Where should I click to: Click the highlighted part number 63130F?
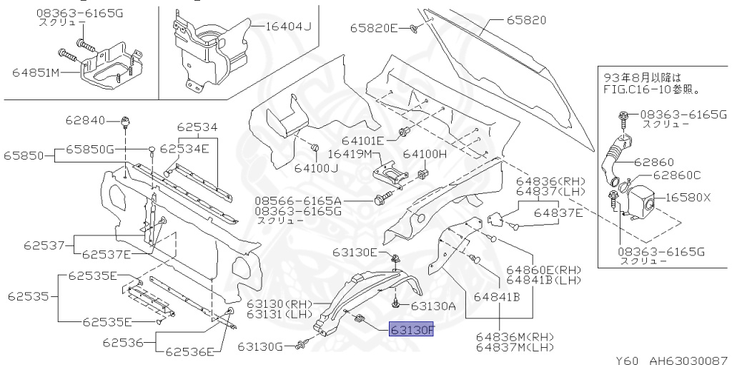tap(411, 330)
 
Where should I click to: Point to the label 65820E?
tap(374, 29)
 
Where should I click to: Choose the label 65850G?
tap(90, 149)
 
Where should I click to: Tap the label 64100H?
tap(425, 154)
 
